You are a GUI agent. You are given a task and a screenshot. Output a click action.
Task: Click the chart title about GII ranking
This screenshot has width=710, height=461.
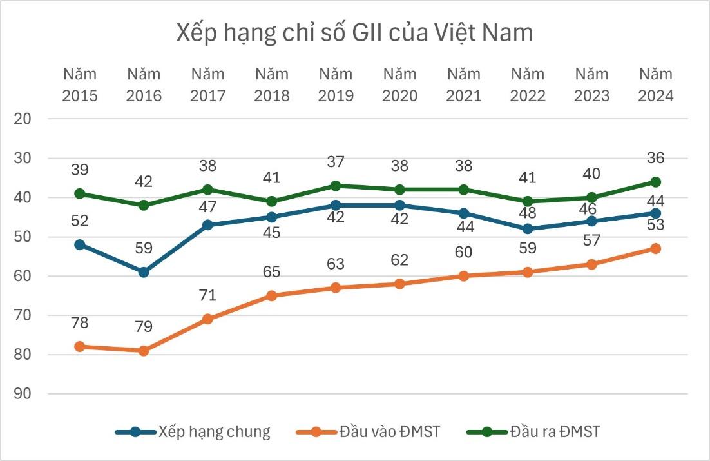354,32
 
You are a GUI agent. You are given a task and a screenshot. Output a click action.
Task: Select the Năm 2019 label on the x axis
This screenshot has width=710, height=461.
335,84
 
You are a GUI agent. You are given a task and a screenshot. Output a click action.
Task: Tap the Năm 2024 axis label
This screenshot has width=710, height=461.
655,84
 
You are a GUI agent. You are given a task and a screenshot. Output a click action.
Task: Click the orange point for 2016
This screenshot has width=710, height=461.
144,351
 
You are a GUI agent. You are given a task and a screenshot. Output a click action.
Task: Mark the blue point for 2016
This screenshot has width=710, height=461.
144,272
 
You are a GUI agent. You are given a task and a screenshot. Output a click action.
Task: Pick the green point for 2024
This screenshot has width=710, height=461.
655,182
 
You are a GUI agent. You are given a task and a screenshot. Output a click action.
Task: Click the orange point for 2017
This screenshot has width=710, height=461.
207,319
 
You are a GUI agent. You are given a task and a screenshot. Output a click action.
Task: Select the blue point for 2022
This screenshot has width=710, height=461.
528,229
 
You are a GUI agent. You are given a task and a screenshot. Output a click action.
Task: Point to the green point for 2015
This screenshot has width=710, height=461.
80,193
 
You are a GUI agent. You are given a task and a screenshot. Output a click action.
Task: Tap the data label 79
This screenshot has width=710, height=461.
144,326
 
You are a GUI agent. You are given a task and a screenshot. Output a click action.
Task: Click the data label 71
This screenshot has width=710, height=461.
207,295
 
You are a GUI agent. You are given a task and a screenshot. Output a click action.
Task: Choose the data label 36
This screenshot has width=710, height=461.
655,158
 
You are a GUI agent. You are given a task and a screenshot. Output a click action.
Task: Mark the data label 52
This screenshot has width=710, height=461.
80,221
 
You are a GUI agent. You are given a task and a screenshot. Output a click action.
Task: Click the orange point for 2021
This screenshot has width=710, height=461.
463,276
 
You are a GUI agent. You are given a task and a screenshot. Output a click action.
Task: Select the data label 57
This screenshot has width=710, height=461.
591,240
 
